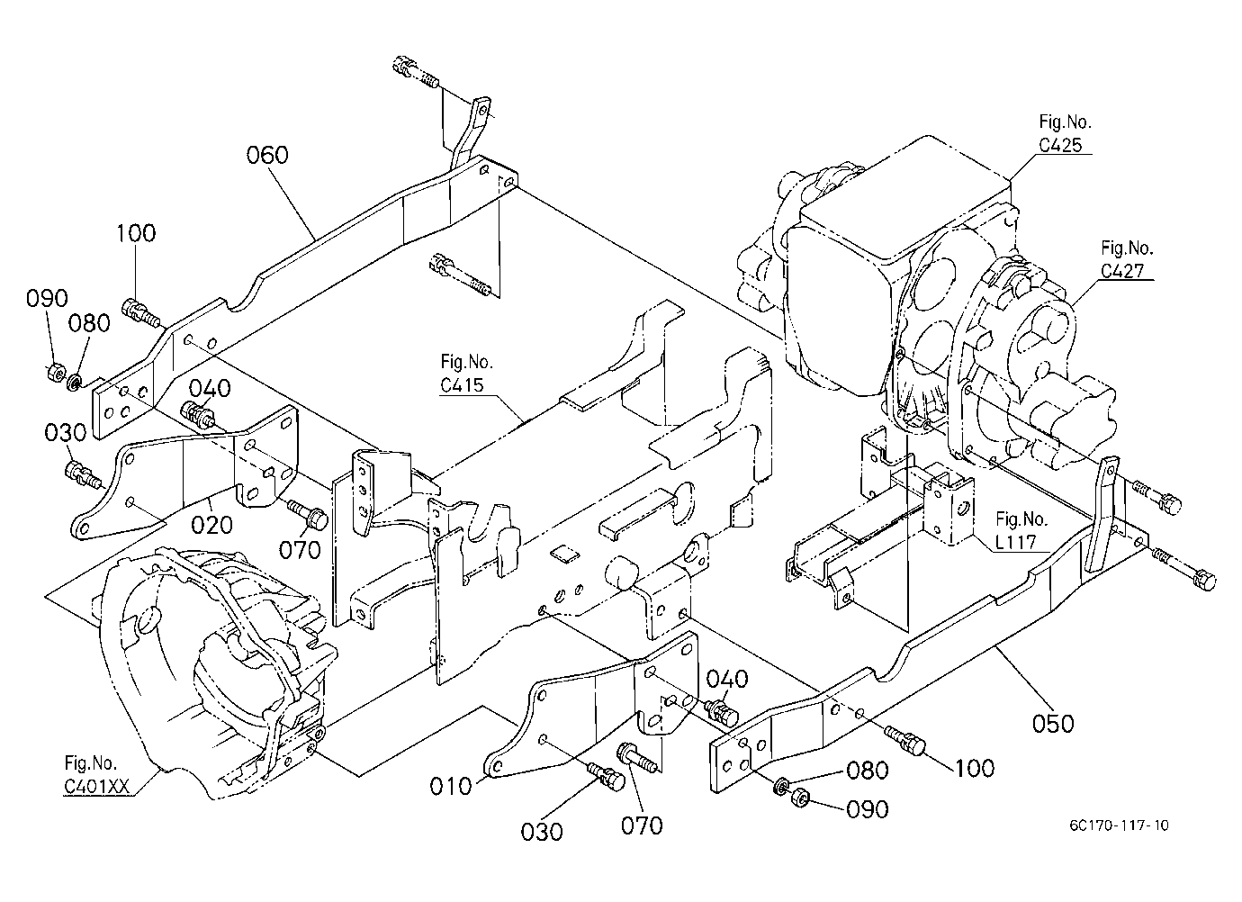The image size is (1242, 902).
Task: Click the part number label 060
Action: pos(267,155)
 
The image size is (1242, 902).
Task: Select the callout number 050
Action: pos(1053,724)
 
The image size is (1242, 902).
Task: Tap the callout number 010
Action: pos(451,786)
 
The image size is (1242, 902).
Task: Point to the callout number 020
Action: pos(211,524)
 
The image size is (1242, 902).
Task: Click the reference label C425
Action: pos(1060,145)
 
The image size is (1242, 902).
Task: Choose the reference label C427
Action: pos(1122,271)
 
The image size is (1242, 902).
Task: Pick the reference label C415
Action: pos(462,385)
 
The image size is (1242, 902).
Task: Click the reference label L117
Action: pos(1015,542)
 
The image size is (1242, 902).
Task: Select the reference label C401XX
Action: pos(97,786)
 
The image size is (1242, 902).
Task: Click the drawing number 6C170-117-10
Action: pos(1119,825)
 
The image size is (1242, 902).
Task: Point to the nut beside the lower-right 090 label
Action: pos(800,798)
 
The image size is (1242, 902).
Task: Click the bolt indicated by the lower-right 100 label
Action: pos(905,740)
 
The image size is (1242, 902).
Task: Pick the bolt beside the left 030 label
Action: pos(83,474)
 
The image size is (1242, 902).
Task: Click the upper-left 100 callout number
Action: pos(136,233)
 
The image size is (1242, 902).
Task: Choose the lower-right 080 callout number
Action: pos(868,770)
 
